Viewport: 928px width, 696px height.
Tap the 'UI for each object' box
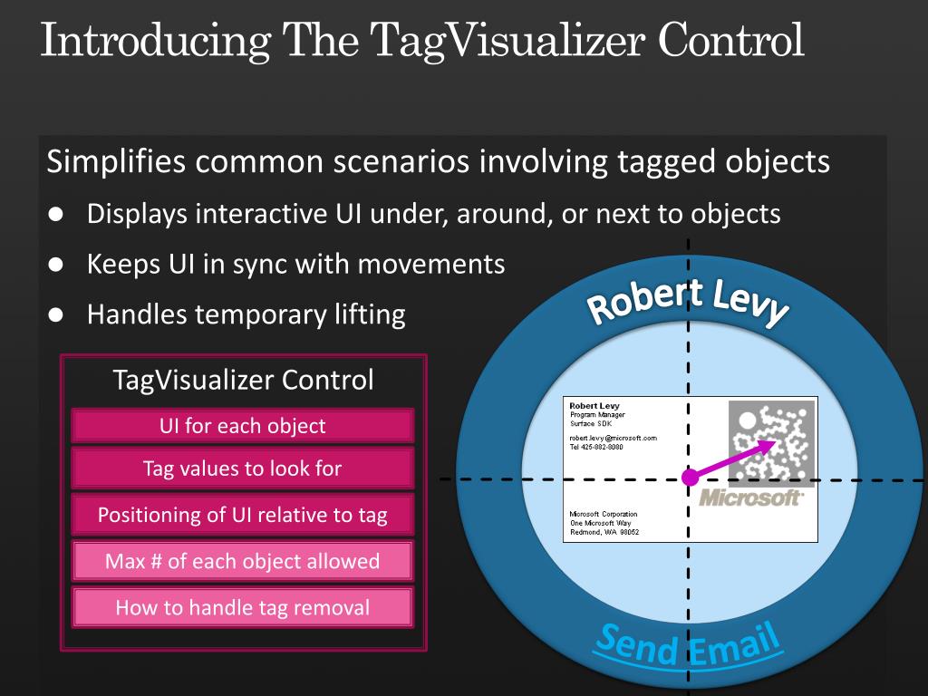pyautogui.click(x=243, y=426)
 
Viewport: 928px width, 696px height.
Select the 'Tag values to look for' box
pyautogui.click(x=243, y=469)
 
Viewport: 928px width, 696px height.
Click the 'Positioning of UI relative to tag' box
pyautogui.click(x=243, y=515)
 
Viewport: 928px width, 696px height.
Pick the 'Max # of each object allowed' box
pyautogui.click(x=243, y=560)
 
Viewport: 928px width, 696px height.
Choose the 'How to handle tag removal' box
pyautogui.click(x=243, y=607)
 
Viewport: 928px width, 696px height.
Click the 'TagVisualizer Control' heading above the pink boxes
pyautogui.click(x=243, y=380)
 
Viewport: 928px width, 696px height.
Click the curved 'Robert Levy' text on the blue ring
pyautogui.click(x=688, y=300)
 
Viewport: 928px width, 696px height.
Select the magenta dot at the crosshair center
pyautogui.click(x=690, y=477)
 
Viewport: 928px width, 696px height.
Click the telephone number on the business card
pyautogui.click(x=596, y=447)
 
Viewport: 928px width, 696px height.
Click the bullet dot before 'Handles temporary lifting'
pyautogui.click(x=56, y=314)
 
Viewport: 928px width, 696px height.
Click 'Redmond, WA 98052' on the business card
pyautogui.click(x=604, y=532)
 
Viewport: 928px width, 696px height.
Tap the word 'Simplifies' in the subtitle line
pyautogui.click(x=116, y=161)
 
